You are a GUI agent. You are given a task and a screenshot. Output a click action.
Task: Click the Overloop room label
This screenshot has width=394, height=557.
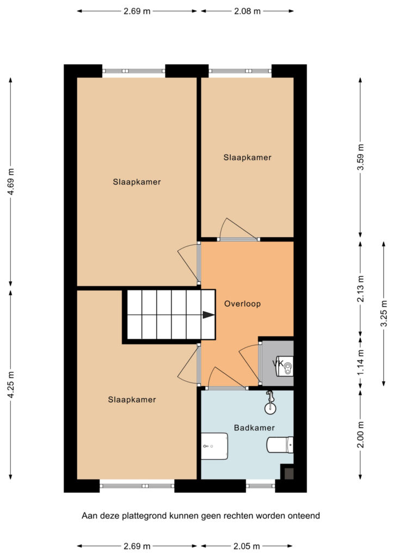pyautogui.click(x=242, y=304)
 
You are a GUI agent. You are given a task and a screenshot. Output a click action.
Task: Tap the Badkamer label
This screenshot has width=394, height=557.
pyautogui.click(x=254, y=428)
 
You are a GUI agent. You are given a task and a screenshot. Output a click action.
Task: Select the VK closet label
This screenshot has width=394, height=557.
pyautogui.click(x=278, y=363)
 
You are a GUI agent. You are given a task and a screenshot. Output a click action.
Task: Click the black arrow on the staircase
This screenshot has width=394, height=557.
pyautogui.click(x=208, y=315)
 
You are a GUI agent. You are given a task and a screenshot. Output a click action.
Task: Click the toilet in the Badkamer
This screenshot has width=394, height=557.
pyautogui.click(x=280, y=445)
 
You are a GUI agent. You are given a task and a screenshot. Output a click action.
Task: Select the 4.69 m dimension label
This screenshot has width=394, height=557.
pyautogui.click(x=11, y=182)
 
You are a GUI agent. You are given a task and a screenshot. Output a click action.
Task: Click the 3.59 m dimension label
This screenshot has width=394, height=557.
pyautogui.click(x=361, y=157)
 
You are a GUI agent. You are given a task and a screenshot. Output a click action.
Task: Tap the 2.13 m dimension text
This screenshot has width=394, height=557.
pyautogui.click(x=361, y=289)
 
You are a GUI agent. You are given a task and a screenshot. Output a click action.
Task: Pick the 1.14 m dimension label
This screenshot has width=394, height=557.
pyautogui.click(x=361, y=362)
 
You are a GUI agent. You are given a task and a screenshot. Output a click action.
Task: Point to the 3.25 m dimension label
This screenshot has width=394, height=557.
pyautogui.click(x=384, y=314)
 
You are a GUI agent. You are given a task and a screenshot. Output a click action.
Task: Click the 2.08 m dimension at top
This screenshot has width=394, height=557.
pyautogui.click(x=247, y=11)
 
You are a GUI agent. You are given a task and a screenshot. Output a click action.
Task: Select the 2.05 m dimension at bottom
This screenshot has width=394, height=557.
pyautogui.click(x=247, y=546)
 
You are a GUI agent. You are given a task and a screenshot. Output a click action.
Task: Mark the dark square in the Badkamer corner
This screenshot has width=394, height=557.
pyautogui.click(x=288, y=474)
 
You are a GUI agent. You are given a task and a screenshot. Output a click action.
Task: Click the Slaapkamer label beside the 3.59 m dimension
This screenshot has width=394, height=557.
pyautogui.click(x=247, y=157)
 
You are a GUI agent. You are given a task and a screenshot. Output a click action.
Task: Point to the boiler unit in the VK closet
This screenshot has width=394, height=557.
pyautogui.click(x=286, y=366)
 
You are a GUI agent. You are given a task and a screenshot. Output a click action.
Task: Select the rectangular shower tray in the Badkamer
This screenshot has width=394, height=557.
pyautogui.click(x=214, y=446)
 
